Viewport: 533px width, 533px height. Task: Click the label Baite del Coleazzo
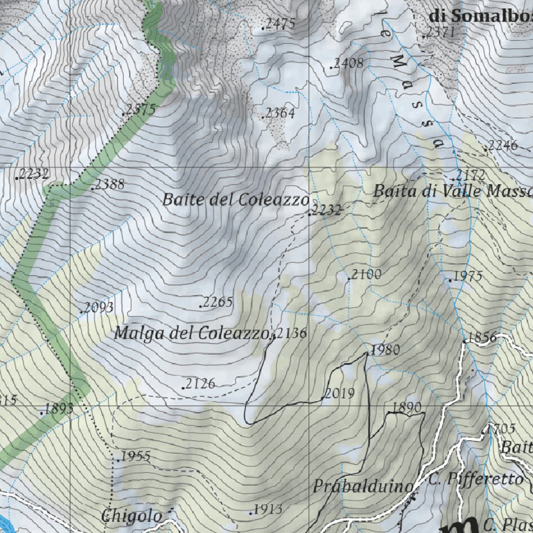pos(235,199)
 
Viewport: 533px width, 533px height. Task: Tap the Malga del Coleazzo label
pos(193,333)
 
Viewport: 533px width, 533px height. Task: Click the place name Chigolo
pos(132,516)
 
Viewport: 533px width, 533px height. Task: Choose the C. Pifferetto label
pos(476,478)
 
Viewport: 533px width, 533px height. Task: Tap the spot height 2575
pos(141,110)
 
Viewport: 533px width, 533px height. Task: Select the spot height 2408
pos(348,64)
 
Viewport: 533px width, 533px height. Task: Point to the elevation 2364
pos(280,113)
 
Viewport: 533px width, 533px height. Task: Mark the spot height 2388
pos(109,184)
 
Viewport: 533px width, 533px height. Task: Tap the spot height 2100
pos(366,274)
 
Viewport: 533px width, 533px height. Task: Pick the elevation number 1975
pos(467,276)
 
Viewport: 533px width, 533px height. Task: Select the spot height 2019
pos(339,394)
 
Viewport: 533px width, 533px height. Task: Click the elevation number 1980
pos(385,350)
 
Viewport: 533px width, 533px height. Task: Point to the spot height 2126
pos(200,384)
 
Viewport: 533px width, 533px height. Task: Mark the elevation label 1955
pos(135,457)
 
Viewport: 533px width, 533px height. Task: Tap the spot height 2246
pos(502,146)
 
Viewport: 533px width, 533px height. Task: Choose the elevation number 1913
pos(268,510)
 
